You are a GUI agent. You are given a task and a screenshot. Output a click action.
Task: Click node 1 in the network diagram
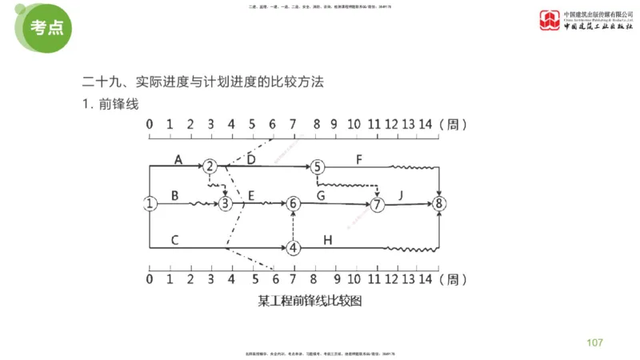(x=150, y=203)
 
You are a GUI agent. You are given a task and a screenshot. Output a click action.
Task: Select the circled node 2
(x=210, y=166)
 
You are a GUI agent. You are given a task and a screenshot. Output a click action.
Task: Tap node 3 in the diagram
(x=226, y=204)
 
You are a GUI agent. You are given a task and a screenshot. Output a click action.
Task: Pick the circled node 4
(x=294, y=247)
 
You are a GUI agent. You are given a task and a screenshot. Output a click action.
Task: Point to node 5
(x=318, y=166)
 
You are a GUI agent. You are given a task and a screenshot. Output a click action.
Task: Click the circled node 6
(x=294, y=204)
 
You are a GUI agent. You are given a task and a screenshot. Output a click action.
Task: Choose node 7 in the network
(x=378, y=204)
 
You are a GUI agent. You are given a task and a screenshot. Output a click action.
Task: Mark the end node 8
(x=438, y=203)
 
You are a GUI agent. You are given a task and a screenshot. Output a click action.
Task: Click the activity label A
(x=178, y=159)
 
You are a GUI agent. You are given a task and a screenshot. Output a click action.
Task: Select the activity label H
(x=328, y=239)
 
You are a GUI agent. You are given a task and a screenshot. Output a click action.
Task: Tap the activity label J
(x=402, y=195)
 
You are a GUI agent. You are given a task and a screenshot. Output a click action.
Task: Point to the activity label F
(x=359, y=159)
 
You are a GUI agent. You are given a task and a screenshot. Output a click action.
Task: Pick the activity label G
(x=322, y=195)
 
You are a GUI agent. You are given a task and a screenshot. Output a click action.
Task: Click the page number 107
(x=594, y=343)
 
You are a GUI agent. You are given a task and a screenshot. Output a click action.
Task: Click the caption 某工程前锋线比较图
(x=310, y=302)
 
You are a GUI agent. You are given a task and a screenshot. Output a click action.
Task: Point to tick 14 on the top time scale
(x=426, y=125)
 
